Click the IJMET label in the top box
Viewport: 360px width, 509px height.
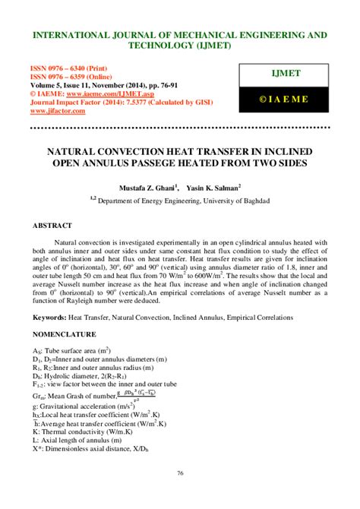287,74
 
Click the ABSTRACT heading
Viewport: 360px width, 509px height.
52,226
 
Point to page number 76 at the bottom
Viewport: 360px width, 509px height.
180,495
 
